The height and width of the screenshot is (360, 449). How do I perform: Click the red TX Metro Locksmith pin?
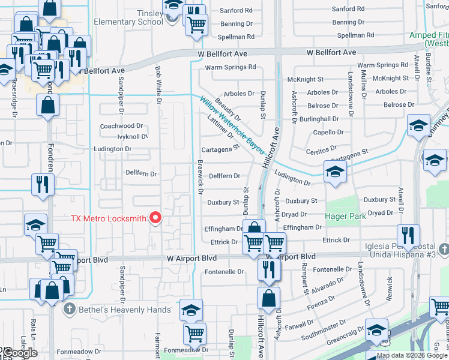[156, 217]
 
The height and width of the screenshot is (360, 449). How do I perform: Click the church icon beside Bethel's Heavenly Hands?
[70, 310]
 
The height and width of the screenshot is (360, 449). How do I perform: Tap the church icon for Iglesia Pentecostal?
[443, 248]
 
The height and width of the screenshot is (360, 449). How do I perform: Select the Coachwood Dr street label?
[121, 126]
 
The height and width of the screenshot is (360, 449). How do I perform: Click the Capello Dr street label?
[328, 132]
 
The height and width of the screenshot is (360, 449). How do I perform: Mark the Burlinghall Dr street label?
[324, 119]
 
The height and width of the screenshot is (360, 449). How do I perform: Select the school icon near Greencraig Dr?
[376, 331]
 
